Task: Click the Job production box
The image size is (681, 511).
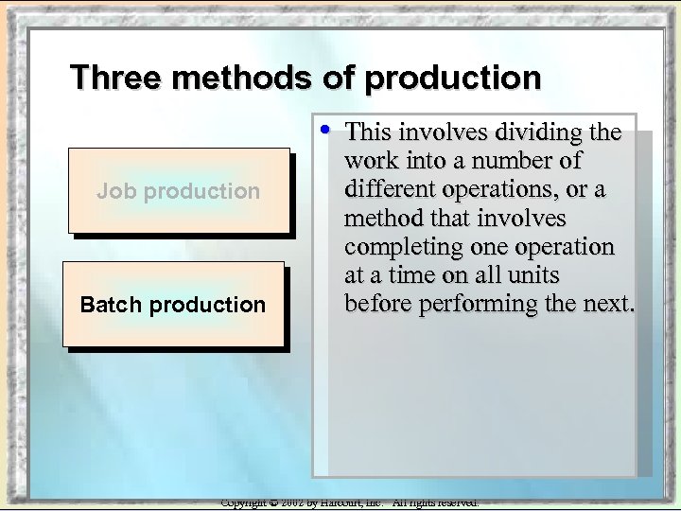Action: (x=178, y=190)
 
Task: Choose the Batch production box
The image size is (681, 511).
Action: (x=173, y=305)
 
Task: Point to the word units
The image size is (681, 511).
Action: (x=532, y=275)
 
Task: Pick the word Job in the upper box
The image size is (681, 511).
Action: (x=111, y=190)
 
